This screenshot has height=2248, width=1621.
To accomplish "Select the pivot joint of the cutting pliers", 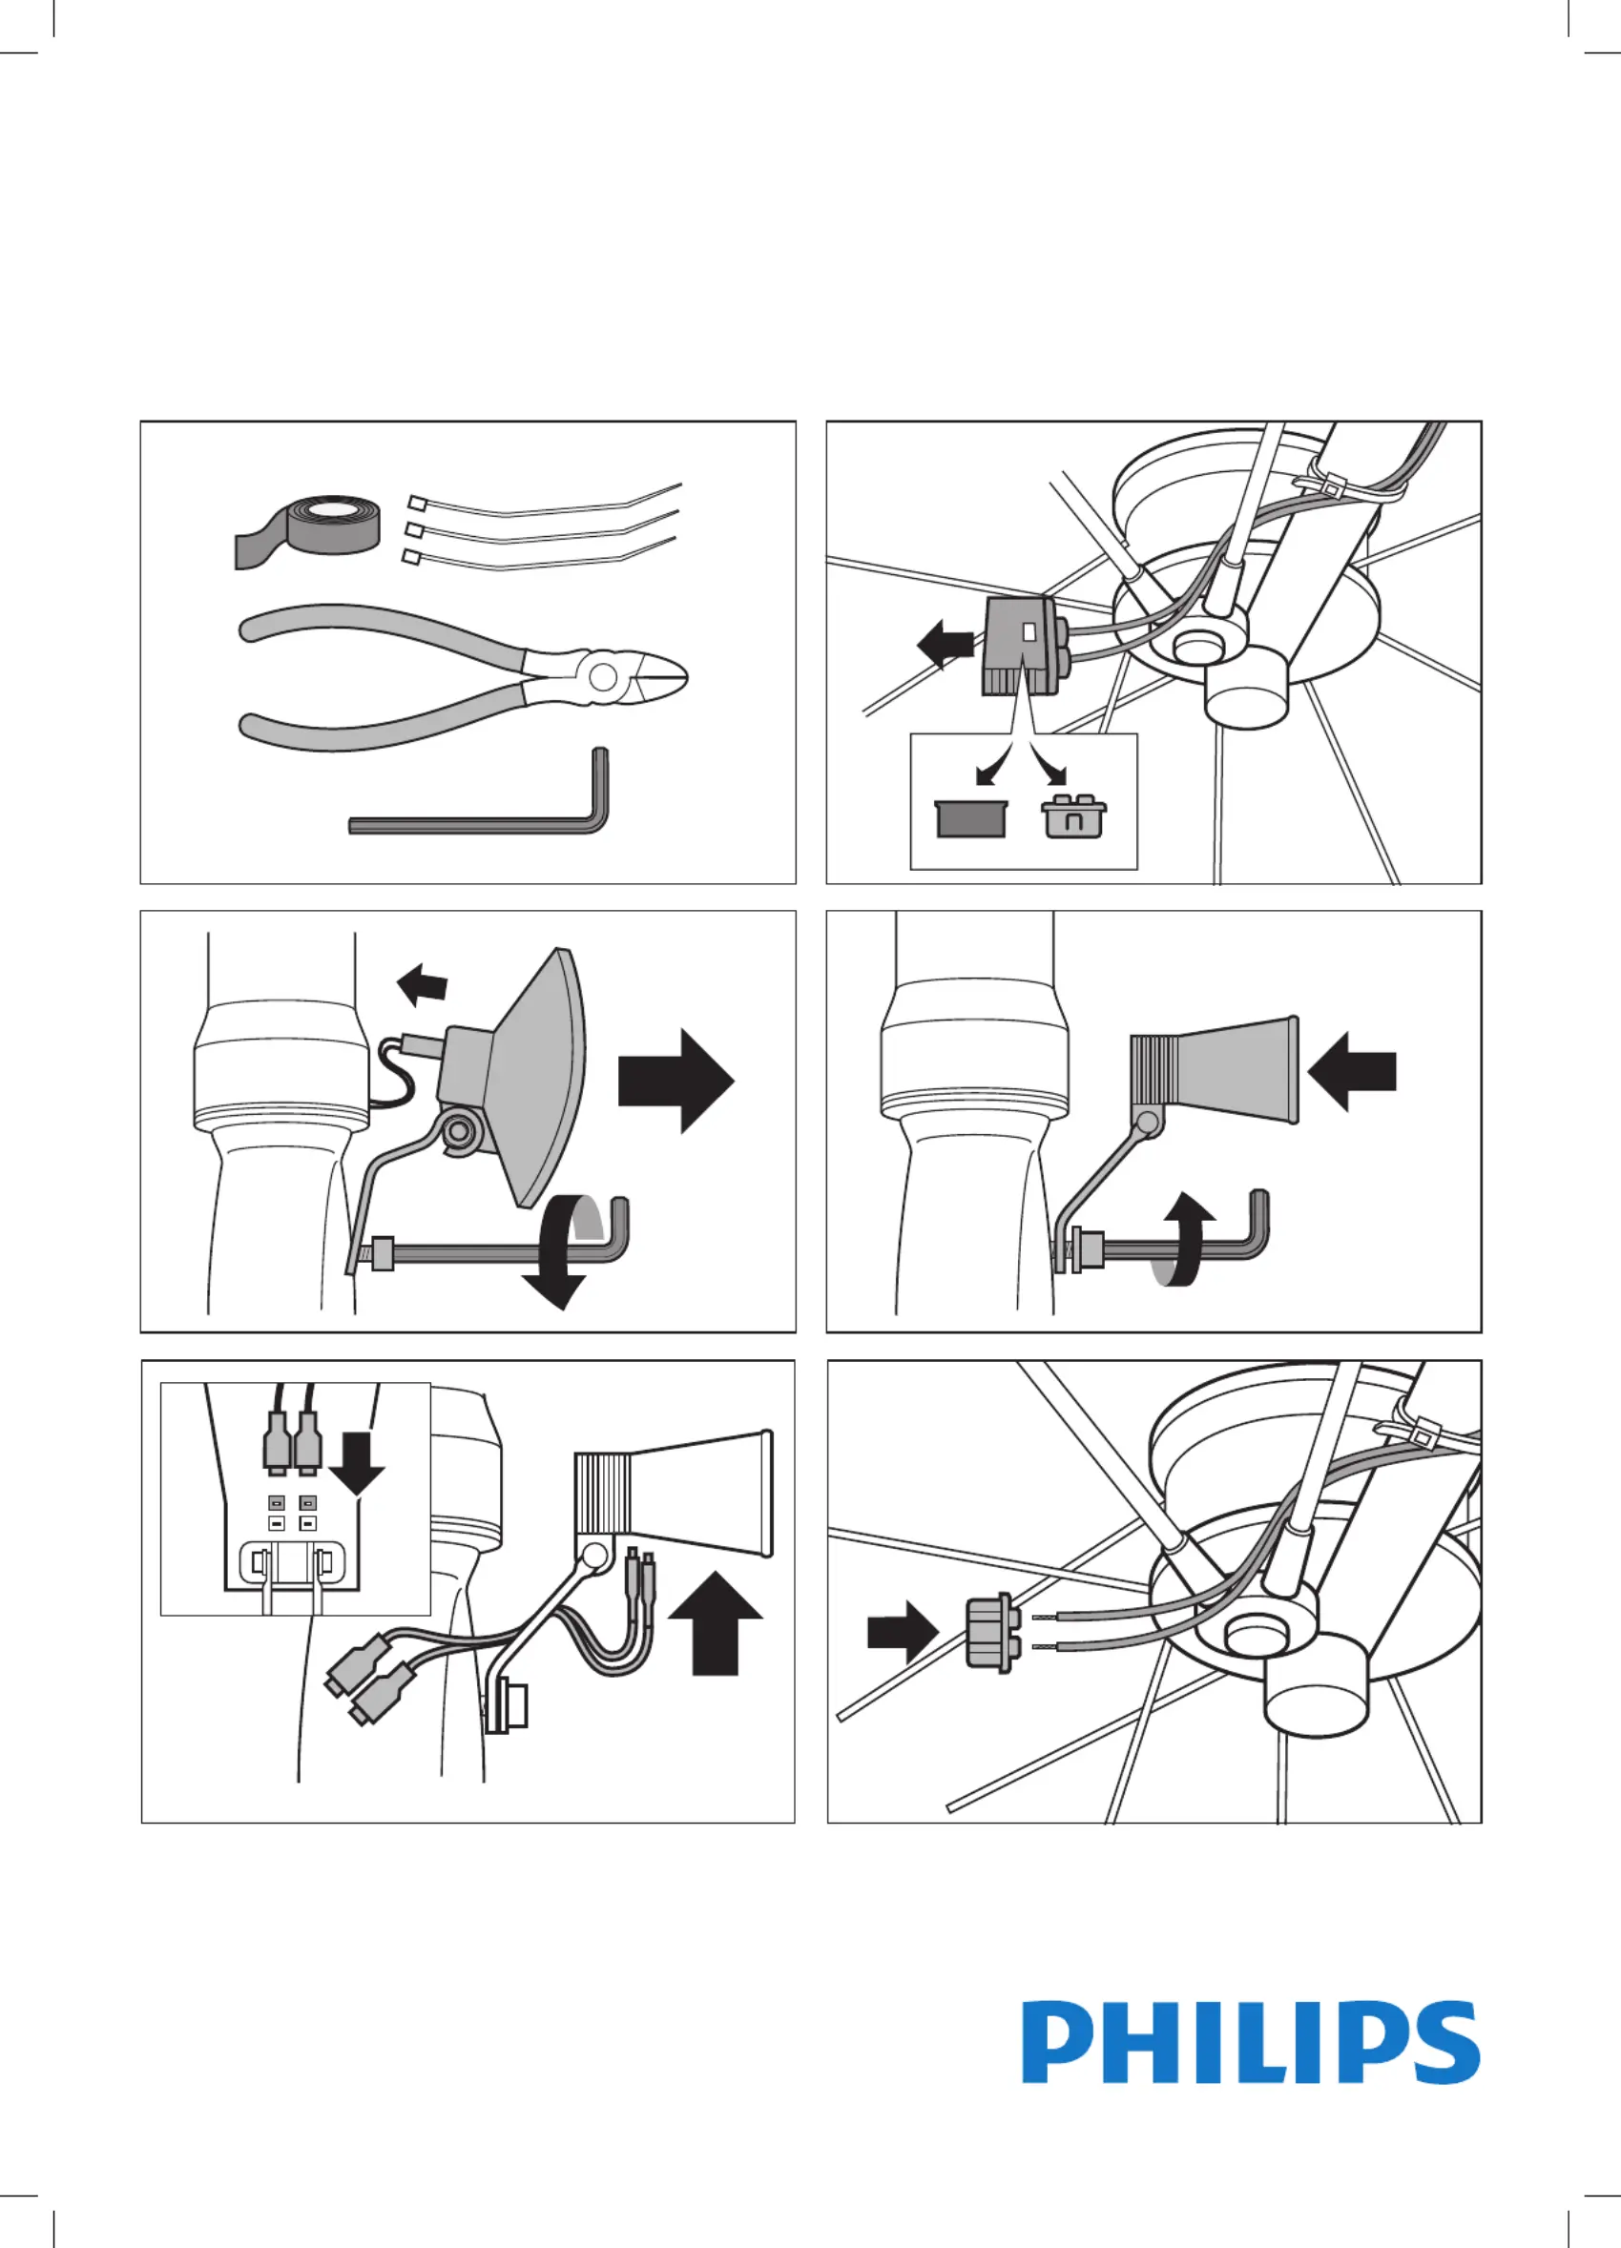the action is (x=602, y=678).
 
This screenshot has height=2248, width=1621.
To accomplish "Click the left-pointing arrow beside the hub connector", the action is (x=945, y=647).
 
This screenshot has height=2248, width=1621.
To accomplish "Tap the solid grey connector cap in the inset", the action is (x=970, y=818).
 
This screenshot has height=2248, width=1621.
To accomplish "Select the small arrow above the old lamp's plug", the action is (x=424, y=984).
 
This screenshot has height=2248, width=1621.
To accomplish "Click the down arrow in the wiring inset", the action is (x=356, y=1461).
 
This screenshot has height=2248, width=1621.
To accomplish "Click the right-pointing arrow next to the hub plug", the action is (x=902, y=1632).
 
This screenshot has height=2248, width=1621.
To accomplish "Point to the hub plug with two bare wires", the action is (x=989, y=1634).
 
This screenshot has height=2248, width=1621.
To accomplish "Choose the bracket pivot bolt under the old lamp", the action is (x=459, y=1128).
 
